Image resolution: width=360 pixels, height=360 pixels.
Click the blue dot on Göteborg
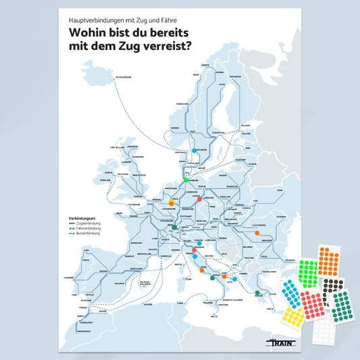point(195,150)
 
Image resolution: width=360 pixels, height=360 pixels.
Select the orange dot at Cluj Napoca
point(257,233)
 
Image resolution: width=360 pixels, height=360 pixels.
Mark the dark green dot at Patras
point(257,292)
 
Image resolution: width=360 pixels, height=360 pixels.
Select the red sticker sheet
point(313,305)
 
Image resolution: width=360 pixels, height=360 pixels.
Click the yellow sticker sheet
point(294,315)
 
